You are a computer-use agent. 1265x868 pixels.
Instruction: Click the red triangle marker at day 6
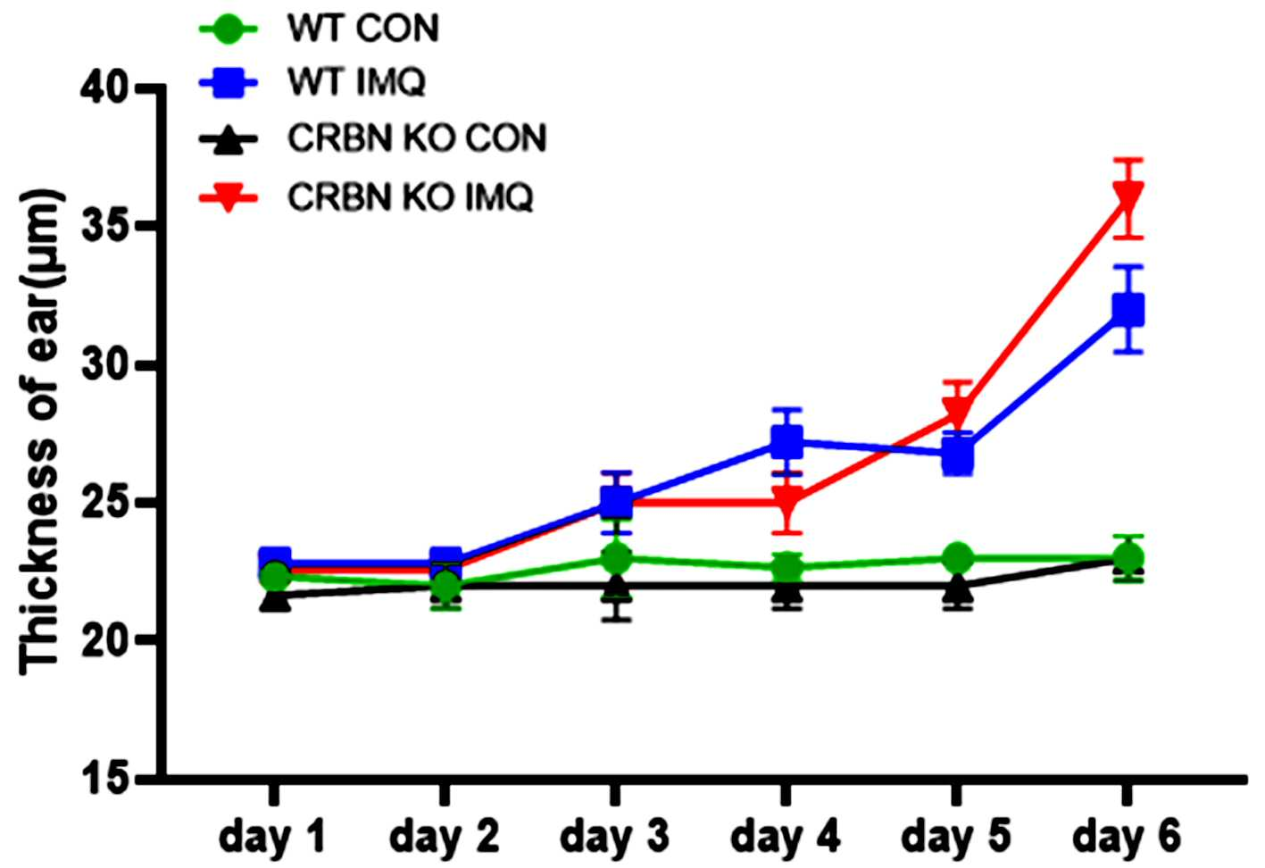click(1128, 197)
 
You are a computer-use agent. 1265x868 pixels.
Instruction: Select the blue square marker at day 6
click(1128, 310)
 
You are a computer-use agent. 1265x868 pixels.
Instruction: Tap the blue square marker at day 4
click(786, 441)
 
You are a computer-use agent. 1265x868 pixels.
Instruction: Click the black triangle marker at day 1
click(275, 598)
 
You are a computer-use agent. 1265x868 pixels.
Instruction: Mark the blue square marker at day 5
click(958, 455)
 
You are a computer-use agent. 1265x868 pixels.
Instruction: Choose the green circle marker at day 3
click(616, 558)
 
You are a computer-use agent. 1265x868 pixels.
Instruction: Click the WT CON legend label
click(363, 28)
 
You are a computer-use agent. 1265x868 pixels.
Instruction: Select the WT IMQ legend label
click(356, 82)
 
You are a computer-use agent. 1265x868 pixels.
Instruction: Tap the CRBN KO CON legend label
click(417, 138)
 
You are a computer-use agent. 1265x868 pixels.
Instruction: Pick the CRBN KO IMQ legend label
click(411, 197)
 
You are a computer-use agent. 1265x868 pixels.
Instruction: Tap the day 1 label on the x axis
click(273, 837)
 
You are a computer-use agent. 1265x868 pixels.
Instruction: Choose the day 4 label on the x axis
click(785, 837)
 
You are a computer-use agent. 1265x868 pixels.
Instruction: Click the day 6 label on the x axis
click(1127, 837)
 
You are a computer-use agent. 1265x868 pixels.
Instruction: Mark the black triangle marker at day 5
click(958, 589)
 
